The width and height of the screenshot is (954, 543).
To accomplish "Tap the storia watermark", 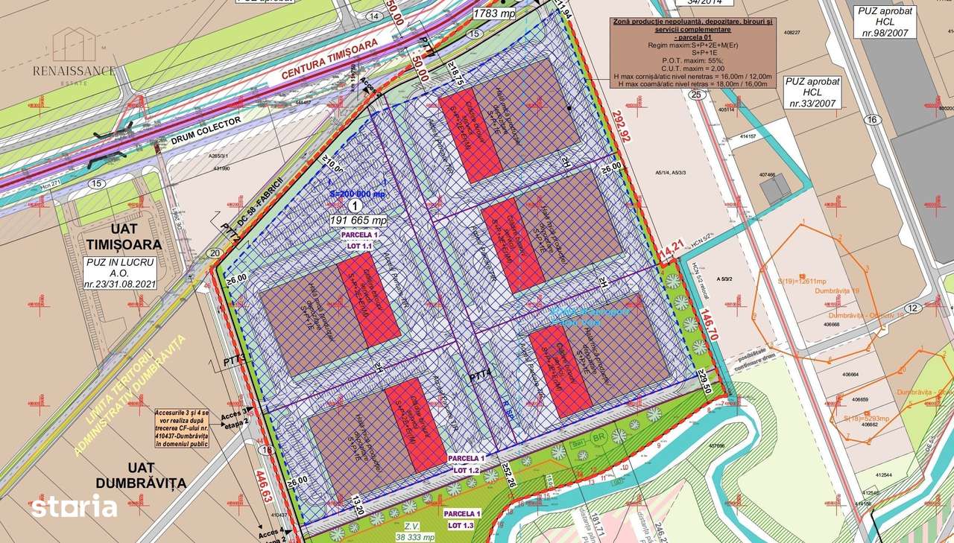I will pyautogui.click(x=74, y=507).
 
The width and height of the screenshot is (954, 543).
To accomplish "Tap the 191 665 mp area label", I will pyautogui.click(x=358, y=221).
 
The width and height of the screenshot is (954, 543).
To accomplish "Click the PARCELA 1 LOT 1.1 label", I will pyautogui.click(x=361, y=239).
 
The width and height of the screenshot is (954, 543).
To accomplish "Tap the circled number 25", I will pyautogui.click(x=696, y=95).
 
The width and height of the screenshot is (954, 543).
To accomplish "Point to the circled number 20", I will pyautogui.click(x=215, y=253).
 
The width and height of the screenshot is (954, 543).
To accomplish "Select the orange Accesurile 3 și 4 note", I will pyautogui.click(x=182, y=428).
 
